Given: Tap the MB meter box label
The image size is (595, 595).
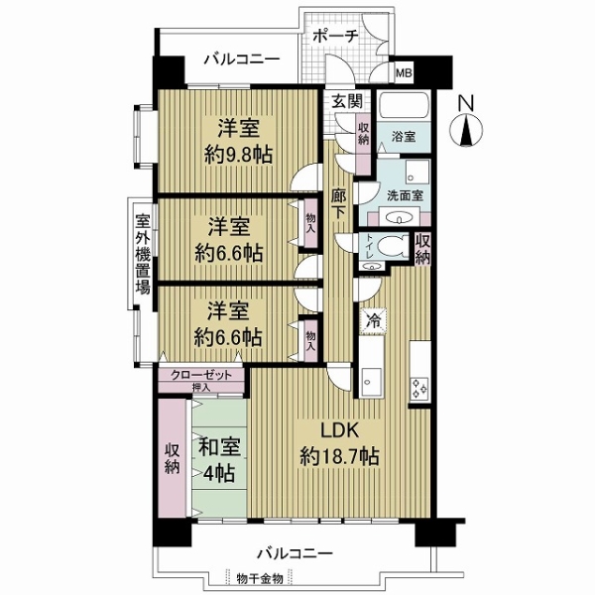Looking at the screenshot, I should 405,71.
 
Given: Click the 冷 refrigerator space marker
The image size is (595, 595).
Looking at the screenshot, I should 373,319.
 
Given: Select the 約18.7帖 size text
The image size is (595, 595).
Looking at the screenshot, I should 333,457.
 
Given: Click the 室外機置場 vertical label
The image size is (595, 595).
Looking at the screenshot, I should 143,252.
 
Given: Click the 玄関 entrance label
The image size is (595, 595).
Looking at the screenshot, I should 346,100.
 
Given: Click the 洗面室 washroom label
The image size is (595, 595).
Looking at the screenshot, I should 405,195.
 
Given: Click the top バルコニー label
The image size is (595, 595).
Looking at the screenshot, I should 241,59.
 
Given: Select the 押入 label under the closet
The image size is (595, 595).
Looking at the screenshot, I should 200,386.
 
